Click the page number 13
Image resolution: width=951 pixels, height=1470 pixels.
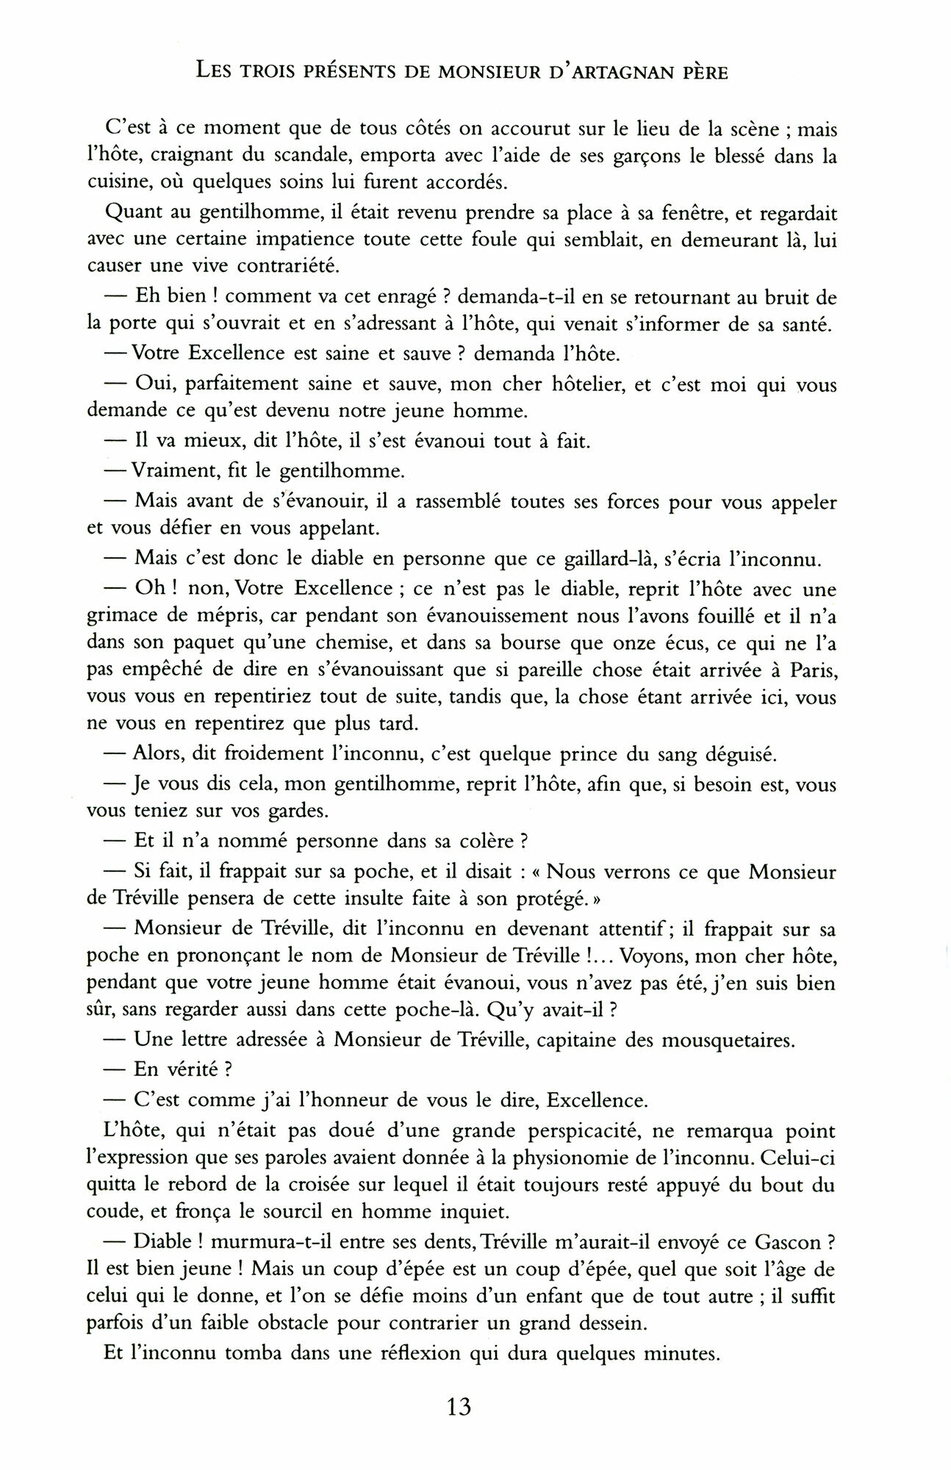point(458,1408)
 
